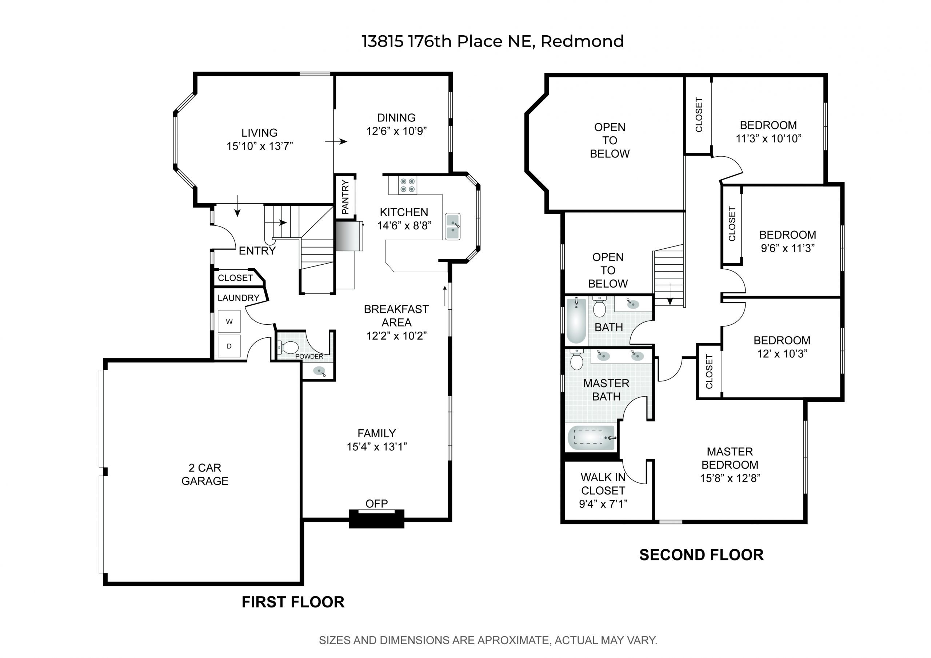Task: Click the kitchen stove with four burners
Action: (x=408, y=185)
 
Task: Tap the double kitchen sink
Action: (x=452, y=226)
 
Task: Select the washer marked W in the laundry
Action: (x=229, y=321)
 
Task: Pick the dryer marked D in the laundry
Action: (x=229, y=346)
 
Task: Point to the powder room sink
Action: (x=320, y=371)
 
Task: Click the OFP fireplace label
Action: (x=377, y=503)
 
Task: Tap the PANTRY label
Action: (x=345, y=197)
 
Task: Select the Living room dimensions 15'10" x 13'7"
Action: (x=260, y=146)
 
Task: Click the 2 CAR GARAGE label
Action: (x=205, y=474)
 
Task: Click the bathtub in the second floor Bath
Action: (x=576, y=320)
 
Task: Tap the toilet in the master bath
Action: (x=576, y=359)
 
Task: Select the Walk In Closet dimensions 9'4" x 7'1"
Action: (x=603, y=504)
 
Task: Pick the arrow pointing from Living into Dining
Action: (x=336, y=141)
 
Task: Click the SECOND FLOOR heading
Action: (x=702, y=555)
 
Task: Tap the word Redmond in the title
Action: (x=582, y=41)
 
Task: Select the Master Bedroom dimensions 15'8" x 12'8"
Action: (x=730, y=478)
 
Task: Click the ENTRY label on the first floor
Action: (x=257, y=251)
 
